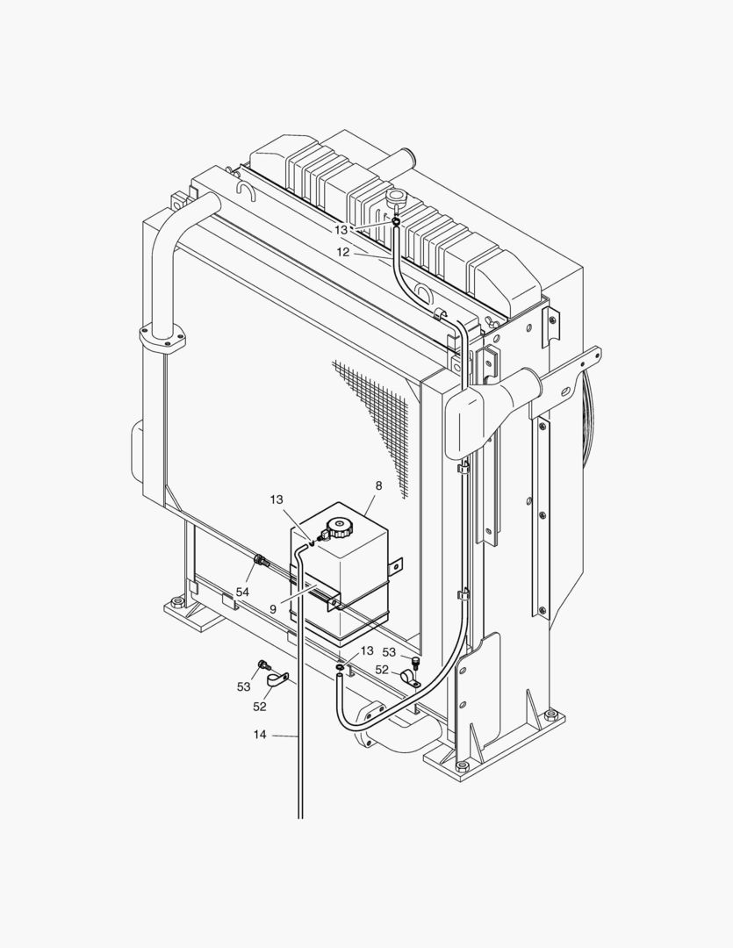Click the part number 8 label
378,485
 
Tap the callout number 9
273,609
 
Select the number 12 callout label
343,252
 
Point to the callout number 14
260,735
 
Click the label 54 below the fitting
242,592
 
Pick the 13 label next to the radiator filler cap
341,230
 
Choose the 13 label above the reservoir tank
277,499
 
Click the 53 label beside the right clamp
389,652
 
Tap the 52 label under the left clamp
260,706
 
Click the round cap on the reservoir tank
337,528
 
